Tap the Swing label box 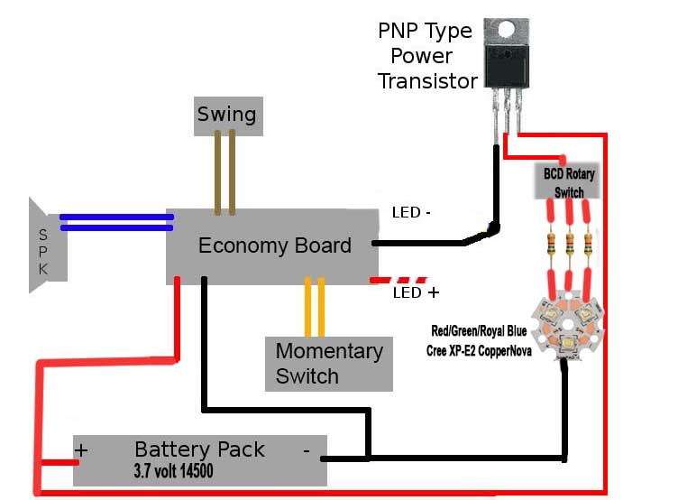(x=227, y=116)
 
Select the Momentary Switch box (x=329, y=364)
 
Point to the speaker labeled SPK (x=43, y=245)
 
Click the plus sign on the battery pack (x=82, y=449)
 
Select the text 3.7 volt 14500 (x=174, y=470)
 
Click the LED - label (x=411, y=213)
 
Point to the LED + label (x=416, y=293)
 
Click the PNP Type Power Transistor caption (x=426, y=56)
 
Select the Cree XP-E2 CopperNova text (x=479, y=351)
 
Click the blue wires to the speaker (x=117, y=222)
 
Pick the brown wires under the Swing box (x=224, y=172)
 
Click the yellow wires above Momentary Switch (x=315, y=307)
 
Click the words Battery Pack (x=199, y=449)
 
